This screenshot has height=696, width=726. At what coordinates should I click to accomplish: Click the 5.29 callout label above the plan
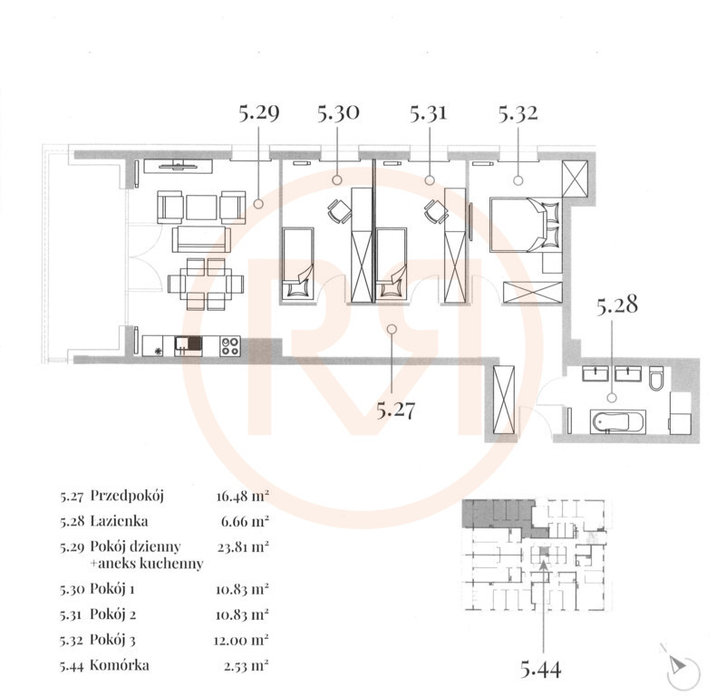(x=259, y=113)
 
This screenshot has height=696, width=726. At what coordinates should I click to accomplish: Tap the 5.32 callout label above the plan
(x=518, y=113)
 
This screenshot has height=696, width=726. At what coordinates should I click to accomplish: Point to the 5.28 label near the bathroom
(x=616, y=304)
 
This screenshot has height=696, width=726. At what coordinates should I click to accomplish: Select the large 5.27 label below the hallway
(x=395, y=410)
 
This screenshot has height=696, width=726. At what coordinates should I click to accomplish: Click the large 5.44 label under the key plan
(x=541, y=670)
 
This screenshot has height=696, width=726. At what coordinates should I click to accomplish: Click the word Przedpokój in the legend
(x=127, y=496)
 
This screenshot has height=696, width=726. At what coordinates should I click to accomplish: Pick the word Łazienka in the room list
(x=119, y=521)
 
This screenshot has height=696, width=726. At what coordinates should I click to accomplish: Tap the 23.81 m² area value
(x=244, y=546)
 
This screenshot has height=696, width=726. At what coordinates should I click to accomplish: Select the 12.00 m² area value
(x=241, y=641)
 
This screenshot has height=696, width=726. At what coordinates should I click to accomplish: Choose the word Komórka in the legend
(x=120, y=665)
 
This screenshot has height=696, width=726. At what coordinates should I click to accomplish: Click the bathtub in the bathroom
(x=617, y=421)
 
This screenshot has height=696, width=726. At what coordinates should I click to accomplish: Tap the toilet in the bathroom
(x=656, y=377)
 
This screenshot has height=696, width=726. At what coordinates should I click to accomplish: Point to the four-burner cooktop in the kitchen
(x=230, y=346)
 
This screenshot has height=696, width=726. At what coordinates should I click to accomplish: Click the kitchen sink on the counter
(x=189, y=345)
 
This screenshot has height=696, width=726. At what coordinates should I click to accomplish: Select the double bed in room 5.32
(x=525, y=225)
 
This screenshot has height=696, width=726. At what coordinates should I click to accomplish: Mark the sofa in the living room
(x=201, y=239)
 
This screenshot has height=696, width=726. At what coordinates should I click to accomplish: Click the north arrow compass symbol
(x=682, y=667)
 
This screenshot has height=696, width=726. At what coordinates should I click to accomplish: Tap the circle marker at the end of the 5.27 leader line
(x=392, y=329)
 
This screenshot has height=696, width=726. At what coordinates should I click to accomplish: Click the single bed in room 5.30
(x=298, y=265)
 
